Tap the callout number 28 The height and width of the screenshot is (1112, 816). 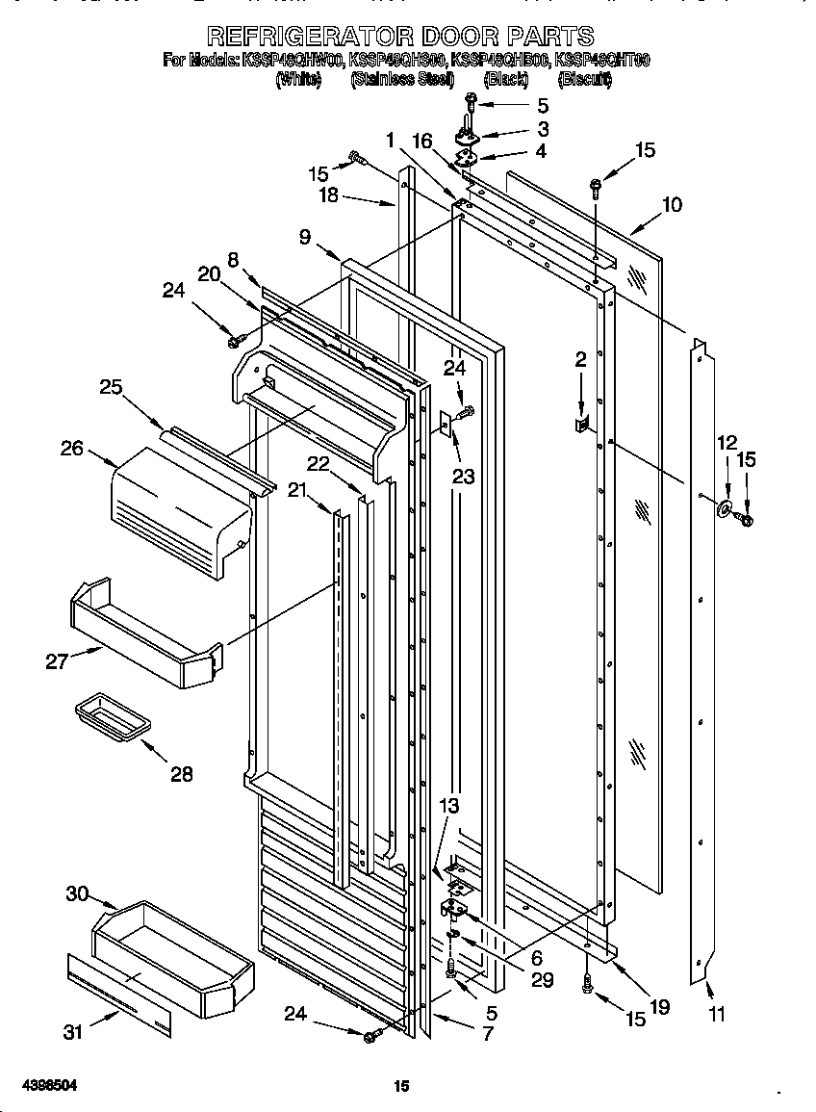pyautogui.click(x=180, y=773)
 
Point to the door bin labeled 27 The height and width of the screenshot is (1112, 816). pyautogui.click(x=144, y=635)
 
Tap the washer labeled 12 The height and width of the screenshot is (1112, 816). pyautogui.click(x=723, y=507)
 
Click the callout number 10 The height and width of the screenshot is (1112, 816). pyautogui.click(x=672, y=204)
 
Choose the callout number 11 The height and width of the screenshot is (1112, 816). pyautogui.click(x=717, y=1013)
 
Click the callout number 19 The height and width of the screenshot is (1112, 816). pyautogui.click(x=659, y=1008)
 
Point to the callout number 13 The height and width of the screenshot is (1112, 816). pyautogui.click(x=449, y=805)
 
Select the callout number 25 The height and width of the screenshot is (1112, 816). pyautogui.click(x=111, y=386)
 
